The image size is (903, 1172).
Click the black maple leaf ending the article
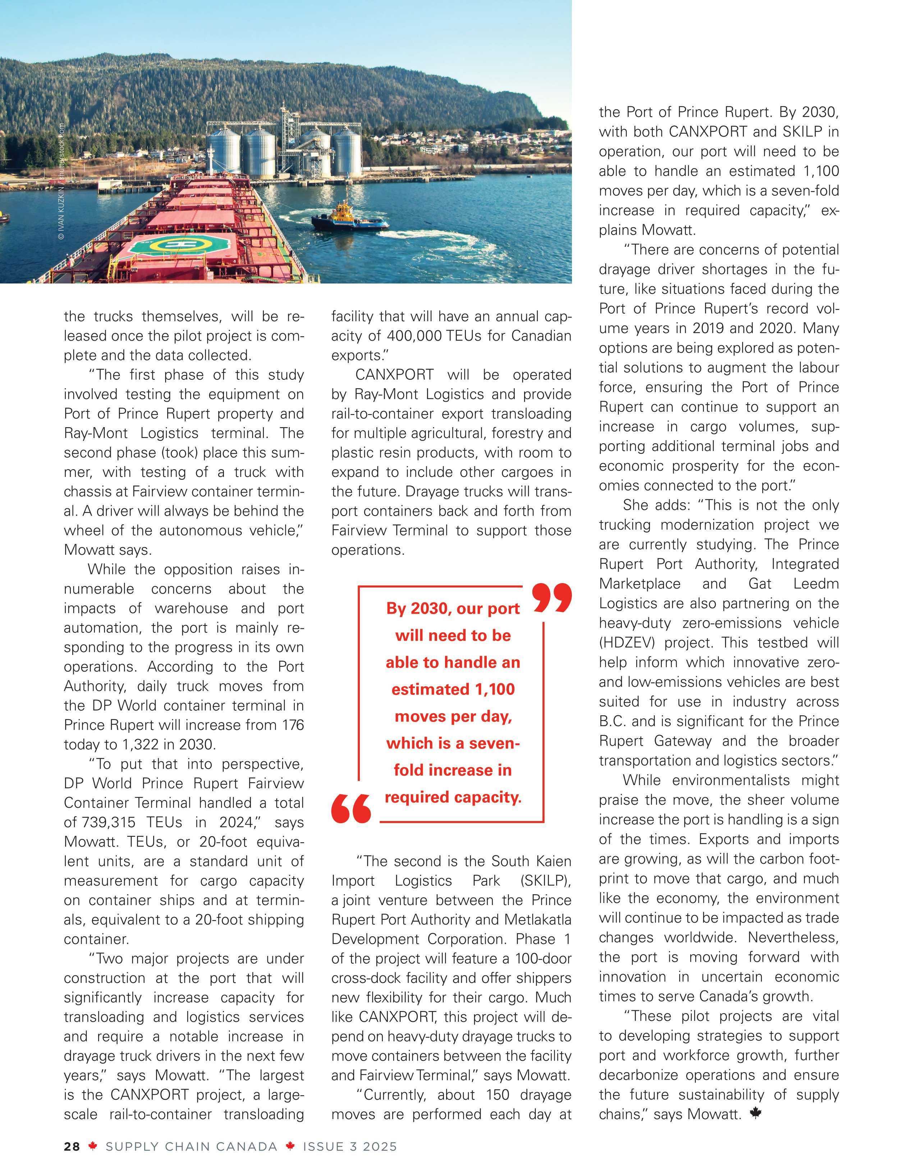click(x=755, y=1113)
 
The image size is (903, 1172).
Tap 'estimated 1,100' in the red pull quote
click(x=453, y=689)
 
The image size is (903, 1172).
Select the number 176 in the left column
click(x=293, y=725)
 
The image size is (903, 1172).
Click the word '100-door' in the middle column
click(x=543, y=959)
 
